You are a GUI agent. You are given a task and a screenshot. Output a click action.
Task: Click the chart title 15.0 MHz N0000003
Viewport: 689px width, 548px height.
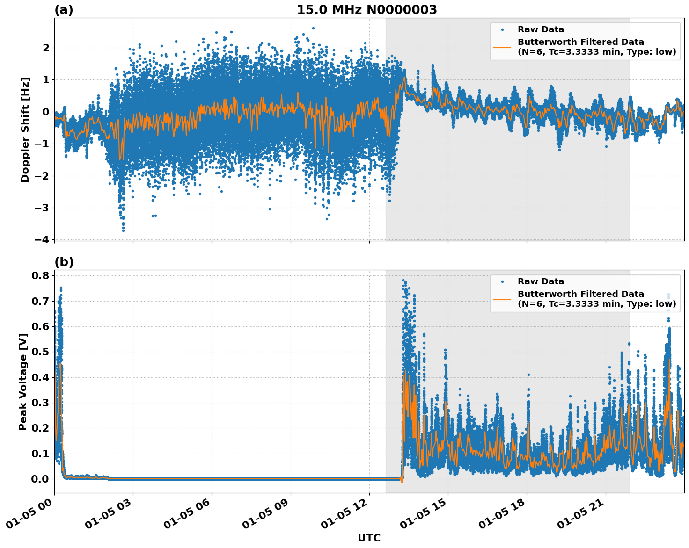point(366,10)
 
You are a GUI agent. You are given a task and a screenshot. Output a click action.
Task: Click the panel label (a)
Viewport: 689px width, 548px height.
point(64,10)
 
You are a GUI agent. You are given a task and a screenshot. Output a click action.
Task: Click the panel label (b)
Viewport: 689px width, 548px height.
point(64,262)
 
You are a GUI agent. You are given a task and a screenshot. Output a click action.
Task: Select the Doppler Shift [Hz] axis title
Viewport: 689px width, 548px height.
point(25,130)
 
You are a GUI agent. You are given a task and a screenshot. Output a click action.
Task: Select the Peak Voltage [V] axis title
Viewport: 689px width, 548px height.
point(23,382)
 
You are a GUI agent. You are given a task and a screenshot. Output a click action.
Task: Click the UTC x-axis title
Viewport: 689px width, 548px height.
point(369,538)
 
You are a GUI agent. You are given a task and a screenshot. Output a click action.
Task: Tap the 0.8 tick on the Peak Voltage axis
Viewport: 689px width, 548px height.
point(40,275)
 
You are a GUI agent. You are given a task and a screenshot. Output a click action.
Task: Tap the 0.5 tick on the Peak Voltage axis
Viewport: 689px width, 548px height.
point(40,352)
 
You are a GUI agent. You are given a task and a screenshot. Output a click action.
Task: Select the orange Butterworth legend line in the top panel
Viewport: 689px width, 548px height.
point(502,47)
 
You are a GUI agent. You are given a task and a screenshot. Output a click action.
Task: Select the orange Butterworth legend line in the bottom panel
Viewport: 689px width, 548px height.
point(502,299)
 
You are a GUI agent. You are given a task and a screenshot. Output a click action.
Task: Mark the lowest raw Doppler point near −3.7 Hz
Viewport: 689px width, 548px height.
point(123,230)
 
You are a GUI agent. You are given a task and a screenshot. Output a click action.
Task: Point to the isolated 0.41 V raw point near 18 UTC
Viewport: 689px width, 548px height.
point(528,375)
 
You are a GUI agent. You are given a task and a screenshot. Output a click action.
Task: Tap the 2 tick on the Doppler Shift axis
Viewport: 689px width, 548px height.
point(46,48)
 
